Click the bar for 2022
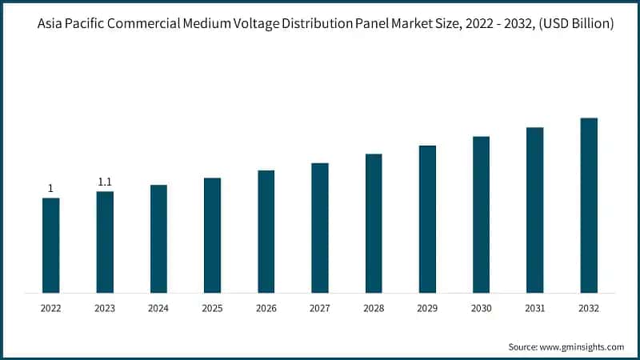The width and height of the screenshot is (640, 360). tap(50, 245)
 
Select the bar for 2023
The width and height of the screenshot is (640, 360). tap(105, 242)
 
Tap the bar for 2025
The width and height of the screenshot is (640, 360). tap(212, 235)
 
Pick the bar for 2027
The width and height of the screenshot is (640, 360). tap(320, 228)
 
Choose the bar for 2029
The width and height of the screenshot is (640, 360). tap(427, 219)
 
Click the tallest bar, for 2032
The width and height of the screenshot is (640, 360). tap(589, 206)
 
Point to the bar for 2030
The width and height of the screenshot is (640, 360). tap(481, 214)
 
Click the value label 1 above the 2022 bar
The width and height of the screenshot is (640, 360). tap(50, 189)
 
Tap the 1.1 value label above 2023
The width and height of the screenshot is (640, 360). tap(105, 182)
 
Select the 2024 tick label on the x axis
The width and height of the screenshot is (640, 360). tap(158, 307)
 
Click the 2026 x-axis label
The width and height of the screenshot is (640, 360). tap(266, 307)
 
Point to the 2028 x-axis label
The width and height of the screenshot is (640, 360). tap(374, 307)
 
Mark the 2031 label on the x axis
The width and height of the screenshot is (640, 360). tap(535, 307)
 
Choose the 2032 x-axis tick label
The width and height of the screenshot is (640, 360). tap(589, 307)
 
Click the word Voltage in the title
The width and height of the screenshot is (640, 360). tap(246, 25)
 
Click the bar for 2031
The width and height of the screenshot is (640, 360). tap(535, 210)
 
